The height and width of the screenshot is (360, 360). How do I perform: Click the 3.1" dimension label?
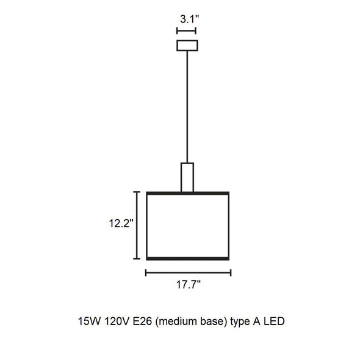(x=189, y=19)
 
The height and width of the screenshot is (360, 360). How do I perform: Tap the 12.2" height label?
(x=121, y=223)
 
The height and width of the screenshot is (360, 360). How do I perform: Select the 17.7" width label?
(x=189, y=285)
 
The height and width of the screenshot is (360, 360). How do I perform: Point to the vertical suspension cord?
(x=187, y=107)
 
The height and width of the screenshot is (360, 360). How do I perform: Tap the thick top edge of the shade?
(x=188, y=193)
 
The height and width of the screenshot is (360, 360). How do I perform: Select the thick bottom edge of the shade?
(x=188, y=259)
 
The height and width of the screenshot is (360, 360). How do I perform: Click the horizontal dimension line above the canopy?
(x=186, y=31)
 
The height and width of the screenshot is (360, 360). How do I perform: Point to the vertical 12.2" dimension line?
(x=137, y=225)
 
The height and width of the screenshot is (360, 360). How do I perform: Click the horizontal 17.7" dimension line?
(x=189, y=273)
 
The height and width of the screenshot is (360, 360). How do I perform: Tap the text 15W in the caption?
(x=89, y=321)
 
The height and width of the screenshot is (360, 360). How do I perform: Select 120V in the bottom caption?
(x=117, y=321)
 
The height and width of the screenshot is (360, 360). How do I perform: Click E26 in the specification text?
(x=142, y=321)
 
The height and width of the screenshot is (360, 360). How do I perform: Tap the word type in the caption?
(x=240, y=322)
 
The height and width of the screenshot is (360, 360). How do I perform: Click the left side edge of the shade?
(x=147, y=226)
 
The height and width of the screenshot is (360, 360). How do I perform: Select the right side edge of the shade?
(x=229, y=226)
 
